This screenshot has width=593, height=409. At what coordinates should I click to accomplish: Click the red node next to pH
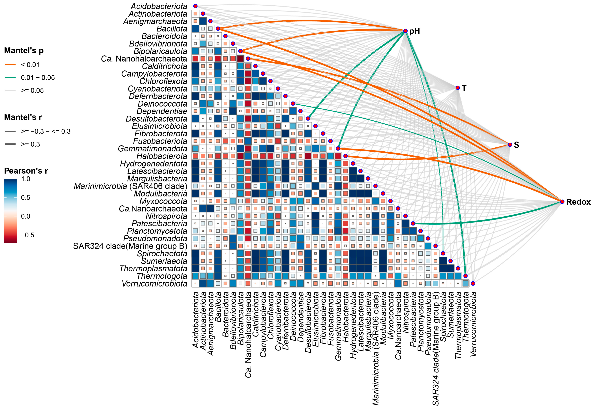point(405,31)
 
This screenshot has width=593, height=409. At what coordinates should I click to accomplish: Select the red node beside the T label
point(458,88)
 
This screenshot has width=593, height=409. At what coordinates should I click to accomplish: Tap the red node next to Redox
point(562,202)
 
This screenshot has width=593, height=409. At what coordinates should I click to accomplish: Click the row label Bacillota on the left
point(172,29)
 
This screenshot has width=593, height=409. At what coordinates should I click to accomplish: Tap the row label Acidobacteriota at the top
point(159,6)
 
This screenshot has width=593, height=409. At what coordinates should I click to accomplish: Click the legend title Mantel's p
point(24,51)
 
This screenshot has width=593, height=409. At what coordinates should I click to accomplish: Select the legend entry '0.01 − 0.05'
point(38,78)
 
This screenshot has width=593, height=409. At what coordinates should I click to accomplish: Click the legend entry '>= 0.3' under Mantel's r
point(30,144)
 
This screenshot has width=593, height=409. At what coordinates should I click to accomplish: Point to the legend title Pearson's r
point(26,171)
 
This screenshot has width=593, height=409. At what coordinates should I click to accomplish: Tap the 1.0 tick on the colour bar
point(26,179)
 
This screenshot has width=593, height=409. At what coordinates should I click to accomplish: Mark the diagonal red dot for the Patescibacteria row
point(413,223)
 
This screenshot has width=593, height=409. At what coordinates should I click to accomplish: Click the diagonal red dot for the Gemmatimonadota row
point(338,148)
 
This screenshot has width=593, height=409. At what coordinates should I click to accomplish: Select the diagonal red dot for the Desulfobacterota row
point(308,118)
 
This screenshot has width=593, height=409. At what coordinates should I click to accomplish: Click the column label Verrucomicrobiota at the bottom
point(473,324)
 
